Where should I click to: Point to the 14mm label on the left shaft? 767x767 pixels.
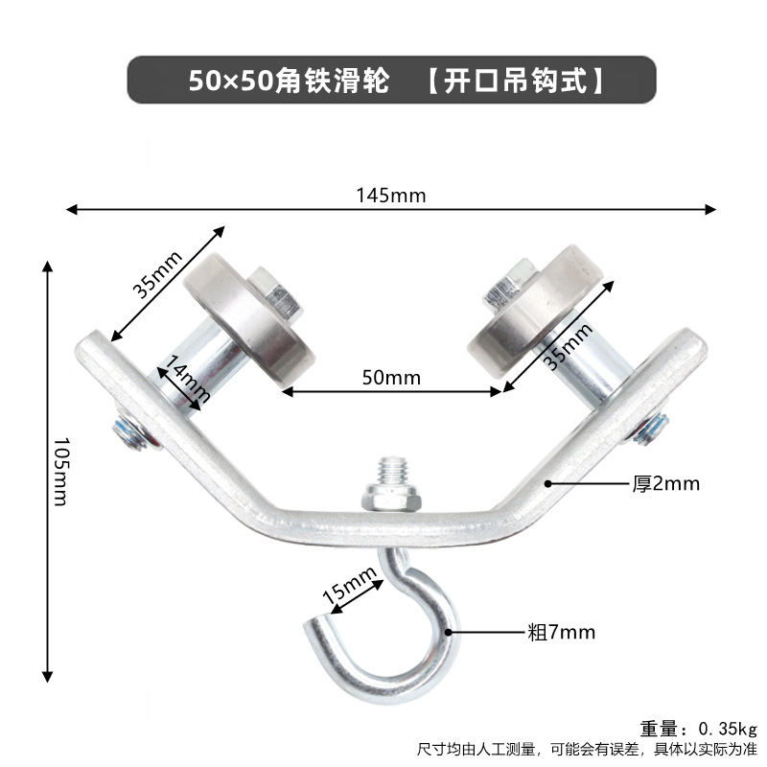point(183,378)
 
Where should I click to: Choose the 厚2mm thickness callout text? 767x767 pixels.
point(664,484)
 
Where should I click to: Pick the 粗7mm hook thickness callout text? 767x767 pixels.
point(561,632)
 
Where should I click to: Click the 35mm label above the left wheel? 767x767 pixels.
point(157,274)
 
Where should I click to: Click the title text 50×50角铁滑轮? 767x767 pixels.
point(288,81)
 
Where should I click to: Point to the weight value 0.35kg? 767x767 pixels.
point(726,726)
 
